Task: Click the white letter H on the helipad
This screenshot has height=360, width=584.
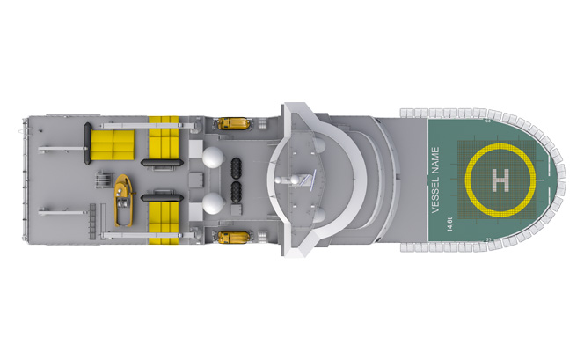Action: point(500,180)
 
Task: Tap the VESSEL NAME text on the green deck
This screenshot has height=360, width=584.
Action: point(435,180)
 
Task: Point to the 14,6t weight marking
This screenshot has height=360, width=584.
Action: point(449,224)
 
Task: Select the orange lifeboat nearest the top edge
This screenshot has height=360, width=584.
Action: point(233,123)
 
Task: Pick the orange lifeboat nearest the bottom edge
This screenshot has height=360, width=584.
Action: point(234,237)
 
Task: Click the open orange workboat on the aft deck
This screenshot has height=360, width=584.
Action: point(123,201)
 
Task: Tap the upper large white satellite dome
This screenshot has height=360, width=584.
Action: point(213,158)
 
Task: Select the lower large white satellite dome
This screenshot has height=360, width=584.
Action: point(213,203)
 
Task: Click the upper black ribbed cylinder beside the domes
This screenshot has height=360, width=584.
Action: point(236,168)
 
